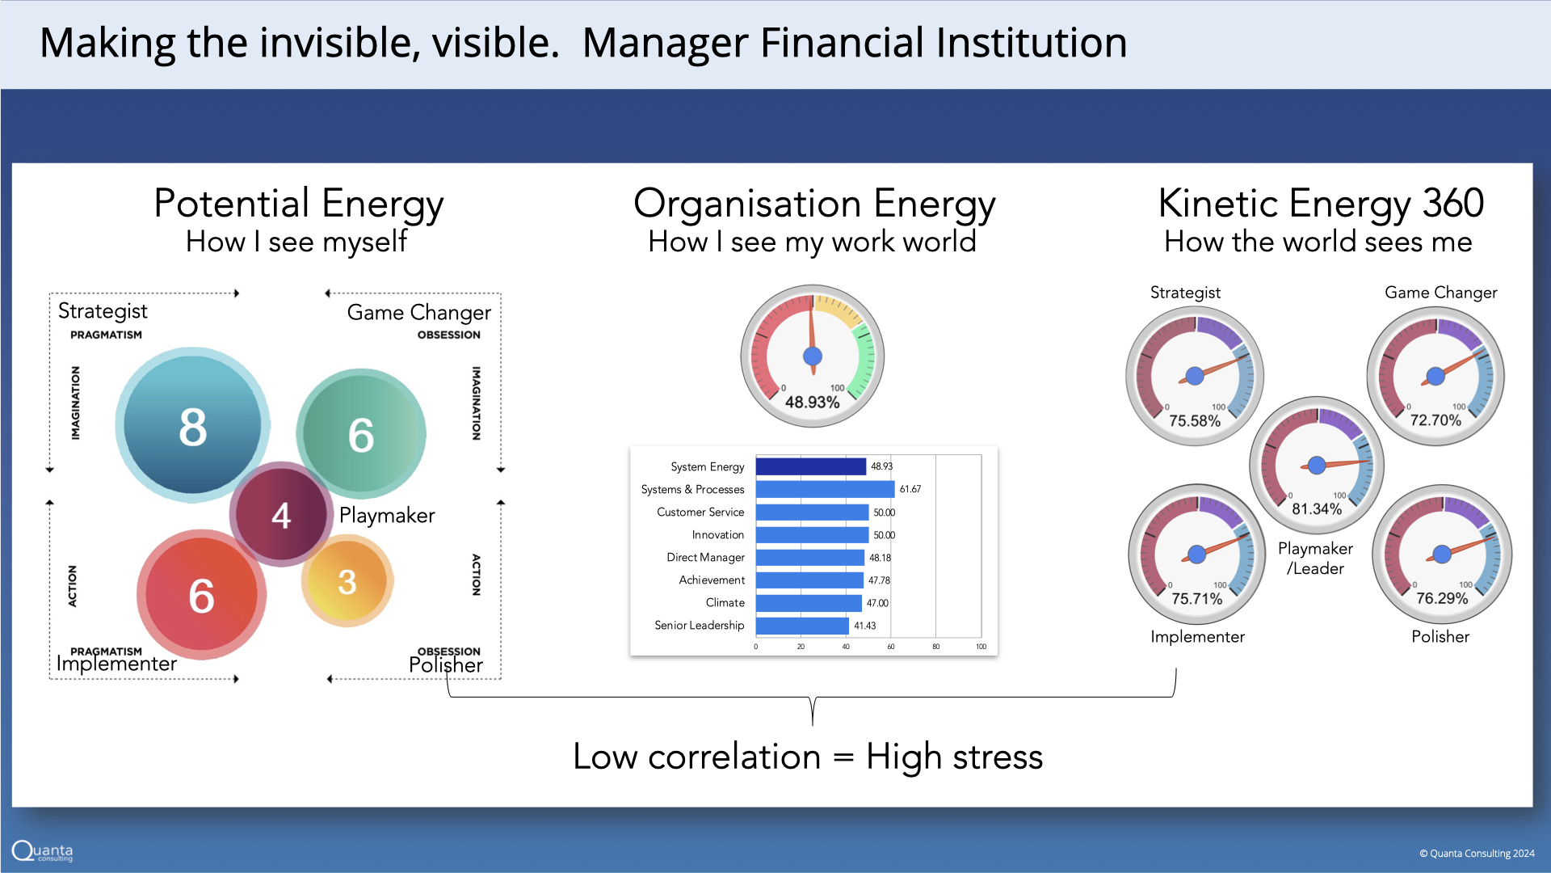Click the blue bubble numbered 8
(x=192, y=425)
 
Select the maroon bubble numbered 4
(x=281, y=514)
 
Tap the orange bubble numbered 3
(x=347, y=581)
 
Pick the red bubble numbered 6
(x=201, y=595)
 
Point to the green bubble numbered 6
(x=361, y=434)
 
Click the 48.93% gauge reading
(x=813, y=402)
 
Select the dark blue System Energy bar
(x=811, y=466)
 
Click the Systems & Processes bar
(x=826, y=489)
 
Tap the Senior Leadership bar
(x=803, y=626)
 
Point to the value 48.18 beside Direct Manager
(x=881, y=558)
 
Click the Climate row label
(x=725, y=603)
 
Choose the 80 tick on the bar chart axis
(x=936, y=647)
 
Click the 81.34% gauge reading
(x=1317, y=509)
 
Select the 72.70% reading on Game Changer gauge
(x=1435, y=420)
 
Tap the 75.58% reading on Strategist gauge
(x=1195, y=421)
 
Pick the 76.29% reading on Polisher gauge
(x=1442, y=599)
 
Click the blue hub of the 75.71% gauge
(x=1197, y=554)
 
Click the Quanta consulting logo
(x=43, y=851)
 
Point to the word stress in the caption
(x=998, y=757)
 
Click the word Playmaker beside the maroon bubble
(x=387, y=516)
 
